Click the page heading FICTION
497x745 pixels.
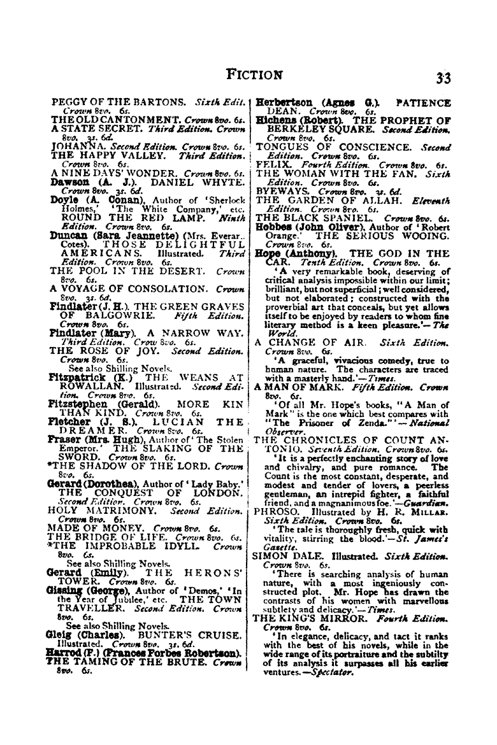pos(255,74)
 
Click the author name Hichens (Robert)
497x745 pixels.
pos(295,120)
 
